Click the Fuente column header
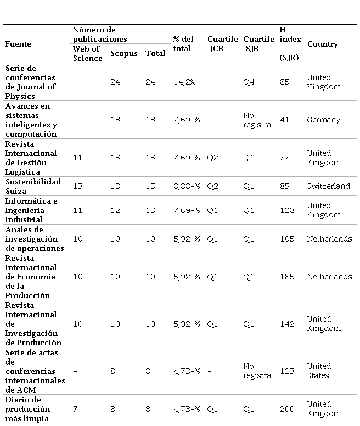pyautogui.click(x=18, y=44)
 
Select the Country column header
pyautogui.click(x=322, y=44)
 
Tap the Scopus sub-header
pyautogui.click(x=123, y=53)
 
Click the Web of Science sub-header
pyautogui.click(x=87, y=53)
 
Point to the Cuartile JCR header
pyautogui.click(x=222, y=44)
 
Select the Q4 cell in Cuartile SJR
pyautogui.click(x=249, y=82)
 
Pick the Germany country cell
pyautogui.click(x=323, y=120)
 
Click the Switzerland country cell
pyautogui.click(x=328, y=186)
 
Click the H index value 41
pyautogui.click(x=284, y=120)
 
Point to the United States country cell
pyautogui.click(x=319, y=371)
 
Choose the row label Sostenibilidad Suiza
pyautogui.click(x=33, y=186)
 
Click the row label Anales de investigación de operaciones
pyautogui.click(x=34, y=239)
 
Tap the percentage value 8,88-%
pyautogui.click(x=186, y=186)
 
